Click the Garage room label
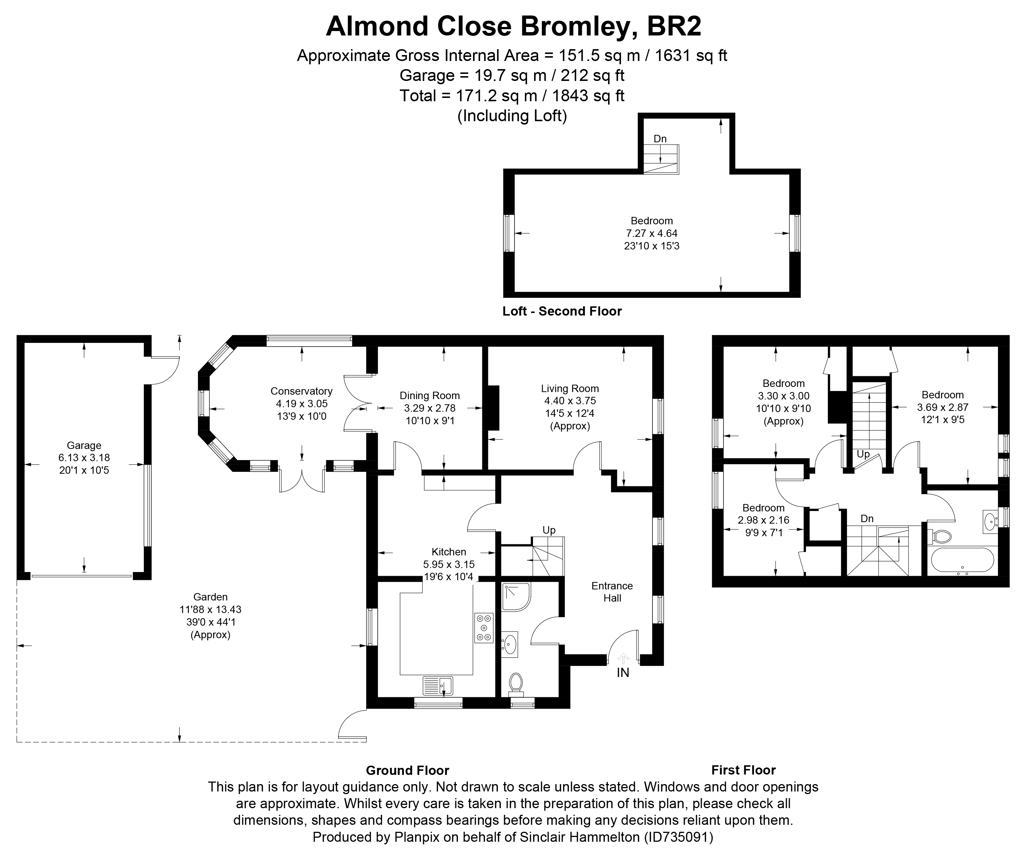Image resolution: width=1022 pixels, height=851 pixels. (84, 445)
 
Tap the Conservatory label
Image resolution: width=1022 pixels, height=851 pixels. (301, 391)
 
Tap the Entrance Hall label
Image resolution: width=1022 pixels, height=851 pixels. (612, 592)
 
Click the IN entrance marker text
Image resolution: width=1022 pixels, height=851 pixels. (623, 673)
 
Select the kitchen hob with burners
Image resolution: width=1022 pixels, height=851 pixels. (484, 628)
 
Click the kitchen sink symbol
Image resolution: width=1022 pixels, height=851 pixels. (438, 686)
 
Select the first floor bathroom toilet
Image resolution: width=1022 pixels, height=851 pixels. (941, 537)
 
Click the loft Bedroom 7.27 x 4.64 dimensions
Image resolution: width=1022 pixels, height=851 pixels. (652, 234)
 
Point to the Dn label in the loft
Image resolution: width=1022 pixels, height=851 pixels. (660, 139)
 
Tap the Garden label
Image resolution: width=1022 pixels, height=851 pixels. (210, 597)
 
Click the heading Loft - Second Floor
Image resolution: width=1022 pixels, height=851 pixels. (562, 311)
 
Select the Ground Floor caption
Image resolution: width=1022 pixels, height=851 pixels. (407, 770)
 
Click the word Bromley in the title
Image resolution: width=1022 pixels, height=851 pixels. (573, 27)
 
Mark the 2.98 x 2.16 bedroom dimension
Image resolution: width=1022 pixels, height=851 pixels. (763, 520)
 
